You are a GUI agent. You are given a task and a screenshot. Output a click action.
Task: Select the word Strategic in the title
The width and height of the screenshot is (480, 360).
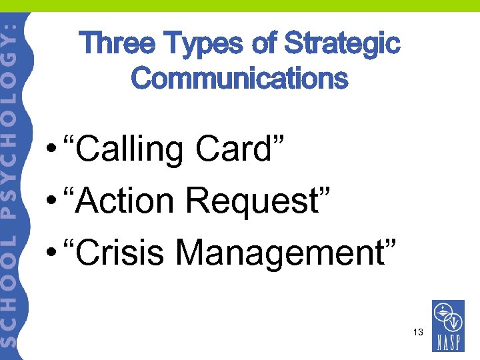(342, 44)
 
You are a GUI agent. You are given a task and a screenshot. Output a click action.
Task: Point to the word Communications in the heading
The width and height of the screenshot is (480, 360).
(239, 78)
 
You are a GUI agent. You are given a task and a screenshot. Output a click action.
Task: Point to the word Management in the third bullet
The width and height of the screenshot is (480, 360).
(286, 252)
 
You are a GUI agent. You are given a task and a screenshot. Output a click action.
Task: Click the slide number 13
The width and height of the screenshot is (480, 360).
(418, 331)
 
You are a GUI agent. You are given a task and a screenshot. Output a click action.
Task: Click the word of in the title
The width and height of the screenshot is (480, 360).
(265, 44)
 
